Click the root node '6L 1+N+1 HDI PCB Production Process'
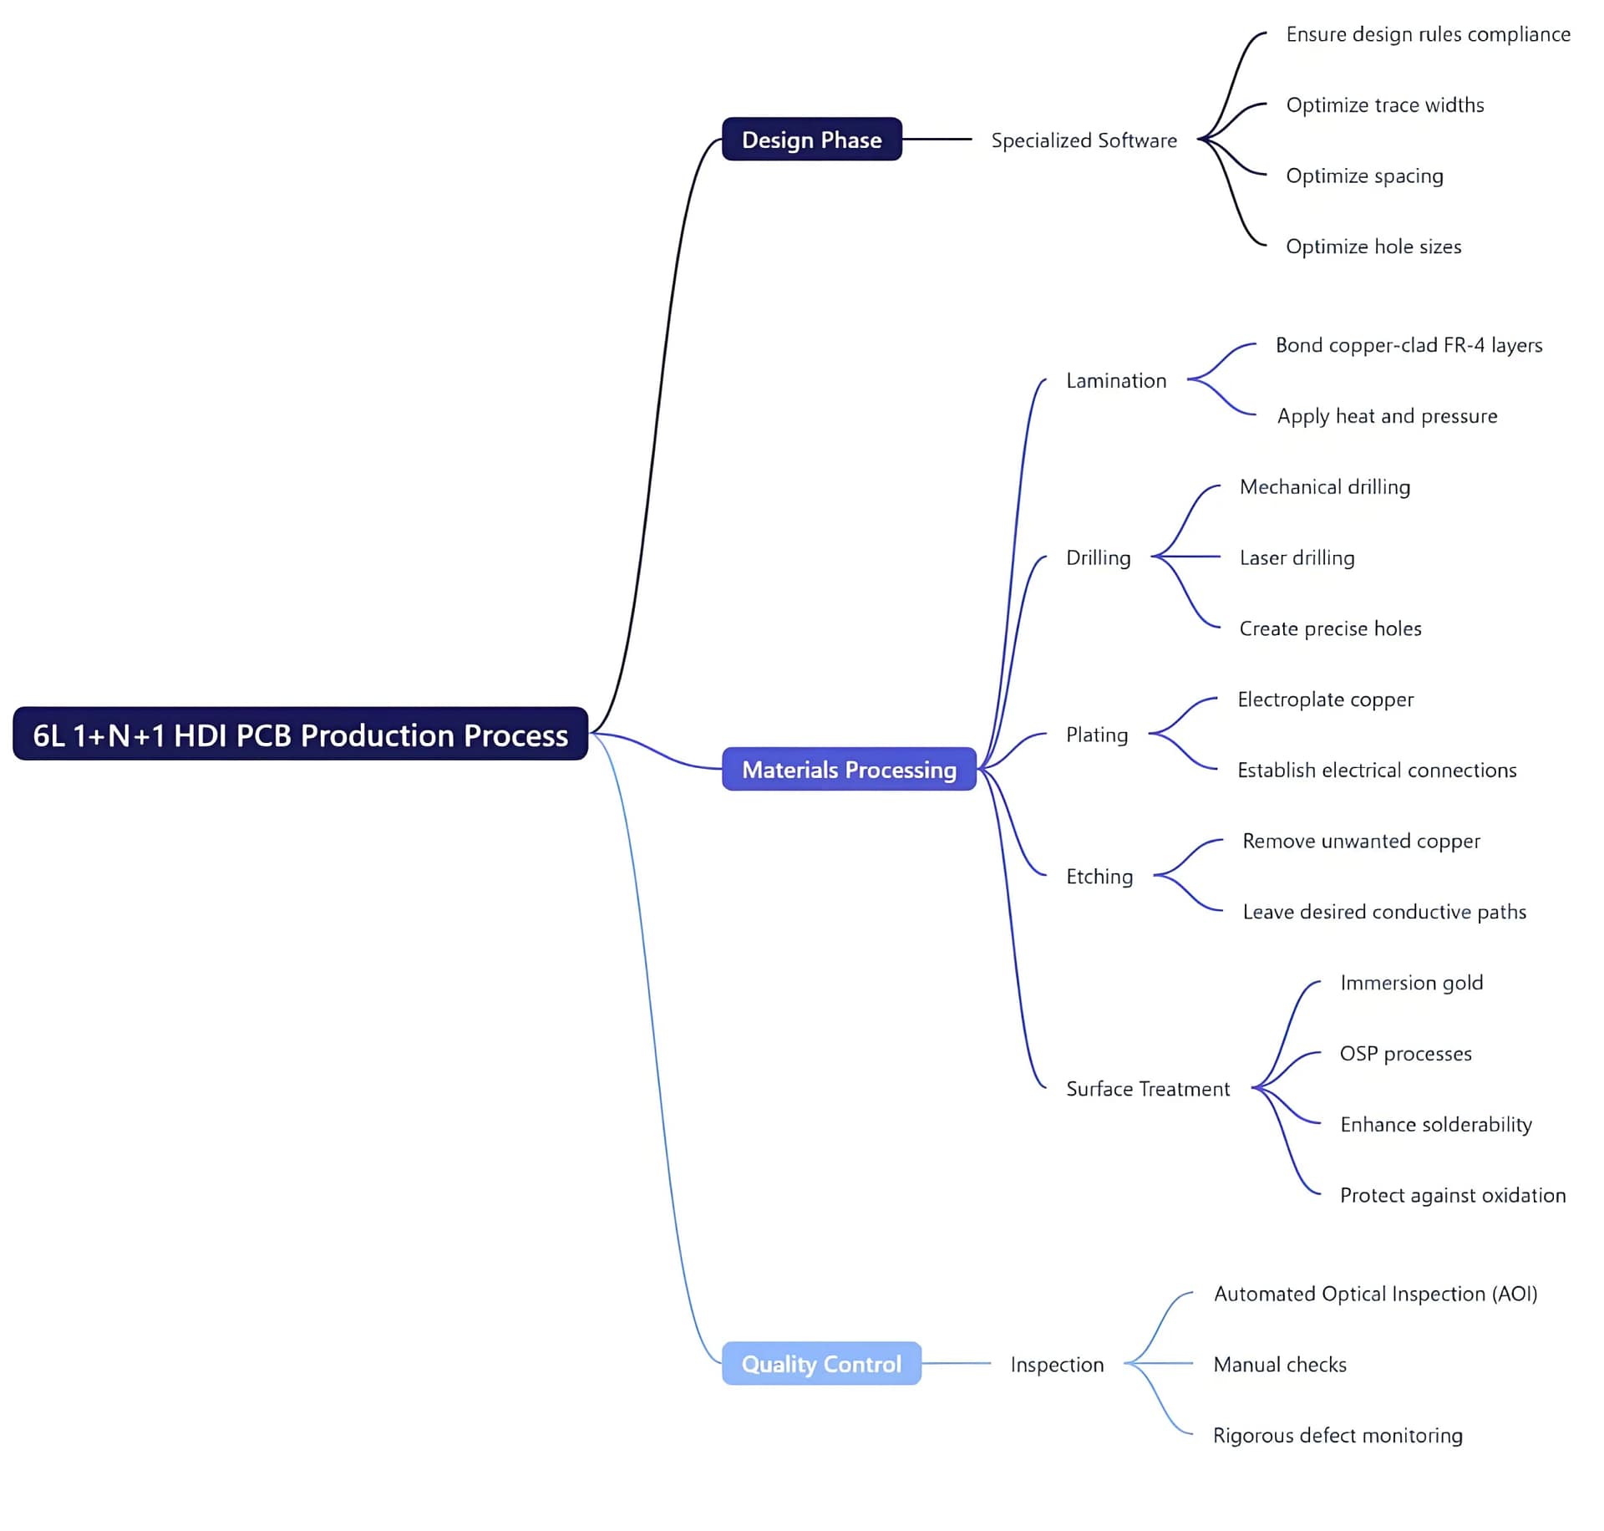tap(300, 734)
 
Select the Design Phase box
tap(811, 140)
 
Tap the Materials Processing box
tap(849, 769)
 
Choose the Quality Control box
tap(821, 1363)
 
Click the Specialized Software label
tap(1084, 140)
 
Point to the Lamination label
tap(1116, 381)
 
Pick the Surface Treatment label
tap(1148, 1089)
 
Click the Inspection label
tap(1057, 1365)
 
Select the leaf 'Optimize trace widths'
tap(1385, 105)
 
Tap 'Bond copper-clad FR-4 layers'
tap(1409, 345)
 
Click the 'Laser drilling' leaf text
tap(1297, 557)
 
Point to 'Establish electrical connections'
tap(1377, 770)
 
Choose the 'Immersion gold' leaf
tap(1411, 983)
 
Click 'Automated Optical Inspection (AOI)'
tap(1375, 1294)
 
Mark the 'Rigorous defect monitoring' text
tap(1338, 1435)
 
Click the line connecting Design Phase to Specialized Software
tap(937, 139)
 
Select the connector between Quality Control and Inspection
tap(956, 1363)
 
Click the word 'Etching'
tap(1099, 877)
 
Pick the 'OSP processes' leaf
tap(1405, 1054)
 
